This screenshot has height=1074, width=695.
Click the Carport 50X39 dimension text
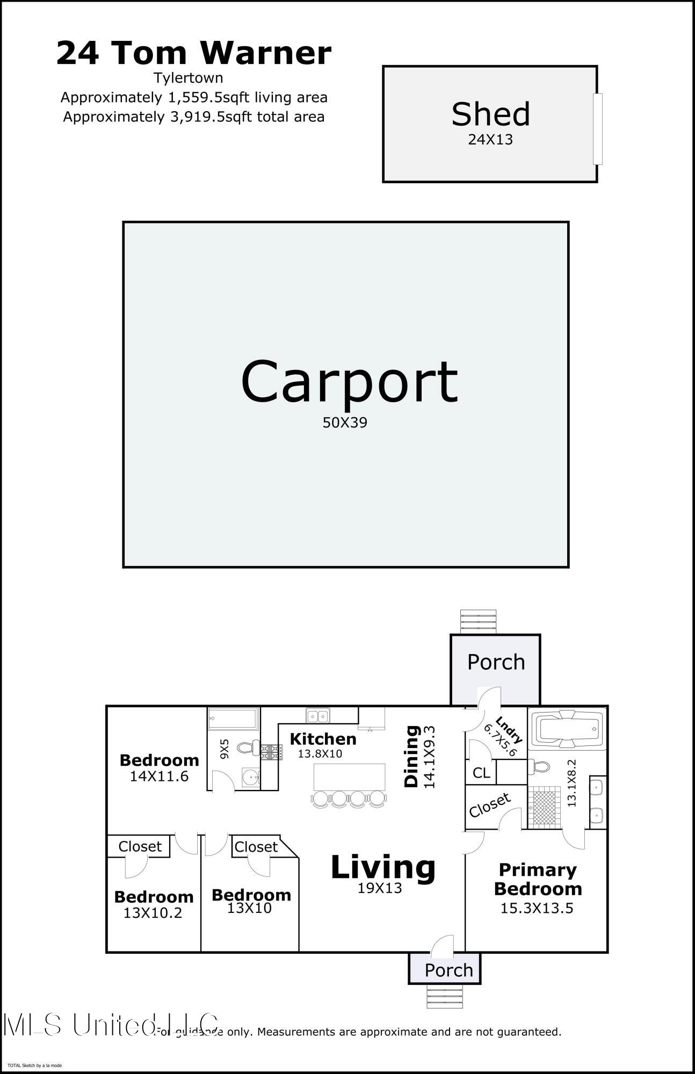pyautogui.click(x=345, y=423)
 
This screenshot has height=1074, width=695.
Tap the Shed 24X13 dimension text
pyautogui.click(x=490, y=140)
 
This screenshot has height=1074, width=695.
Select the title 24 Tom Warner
pyautogui.click(x=194, y=53)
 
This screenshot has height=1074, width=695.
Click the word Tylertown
pyautogui.click(x=189, y=78)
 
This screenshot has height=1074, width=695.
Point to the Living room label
pyautogui.click(x=383, y=867)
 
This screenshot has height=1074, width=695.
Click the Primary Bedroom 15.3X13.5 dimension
pyautogui.click(x=537, y=909)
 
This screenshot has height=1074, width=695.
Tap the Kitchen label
pyautogui.click(x=323, y=739)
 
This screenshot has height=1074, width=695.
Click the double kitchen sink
pyautogui.click(x=318, y=716)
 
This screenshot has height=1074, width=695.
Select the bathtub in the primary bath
pyautogui.click(x=567, y=729)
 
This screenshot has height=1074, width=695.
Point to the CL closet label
pyautogui.click(x=481, y=773)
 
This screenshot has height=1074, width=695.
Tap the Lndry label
pyautogui.click(x=508, y=729)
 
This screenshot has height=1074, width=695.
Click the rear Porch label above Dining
pyautogui.click(x=496, y=662)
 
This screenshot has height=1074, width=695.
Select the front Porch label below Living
pyautogui.click(x=448, y=970)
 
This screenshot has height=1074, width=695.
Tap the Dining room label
pyautogui.click(x=411, y=756)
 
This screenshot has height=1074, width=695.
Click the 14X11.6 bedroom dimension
pyautogui.click(x=159, y=776)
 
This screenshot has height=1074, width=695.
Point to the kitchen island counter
pyautogui.click(x=349, y=777)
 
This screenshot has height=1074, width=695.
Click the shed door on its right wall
pyautogui.click(x=597, y=129)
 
